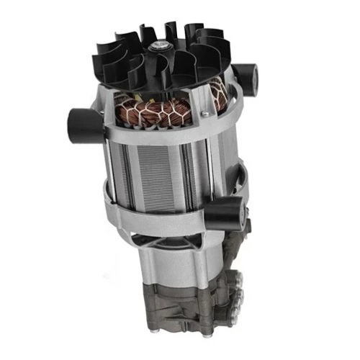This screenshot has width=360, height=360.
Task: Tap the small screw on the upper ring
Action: pyautogui.click(x=204, y=113)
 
